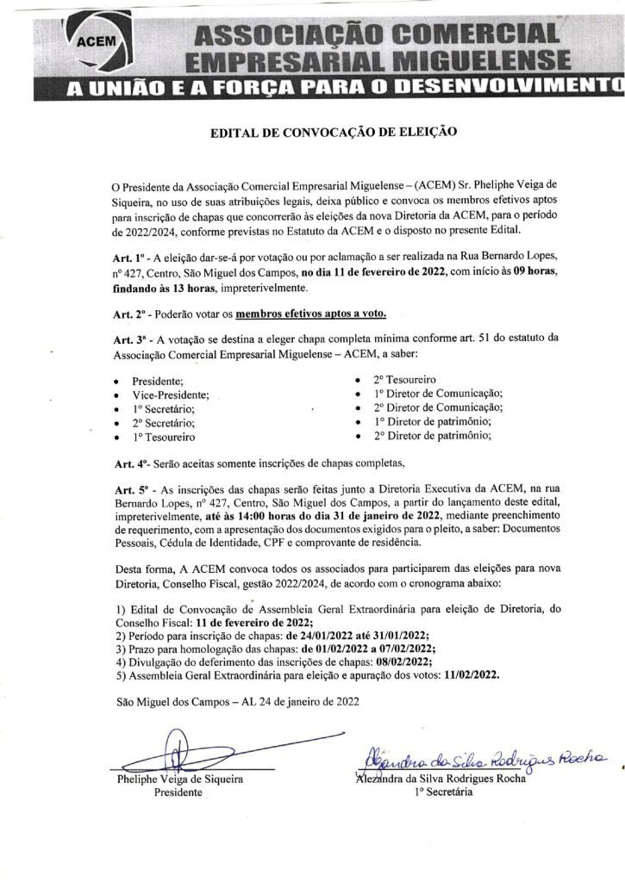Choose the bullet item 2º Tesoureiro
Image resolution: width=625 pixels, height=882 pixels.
click(x=404, y=379)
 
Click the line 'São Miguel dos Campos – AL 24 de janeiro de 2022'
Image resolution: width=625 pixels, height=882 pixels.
click(x=236, y=703)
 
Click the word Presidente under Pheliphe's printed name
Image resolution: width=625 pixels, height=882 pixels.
click(x=178, y=794)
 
